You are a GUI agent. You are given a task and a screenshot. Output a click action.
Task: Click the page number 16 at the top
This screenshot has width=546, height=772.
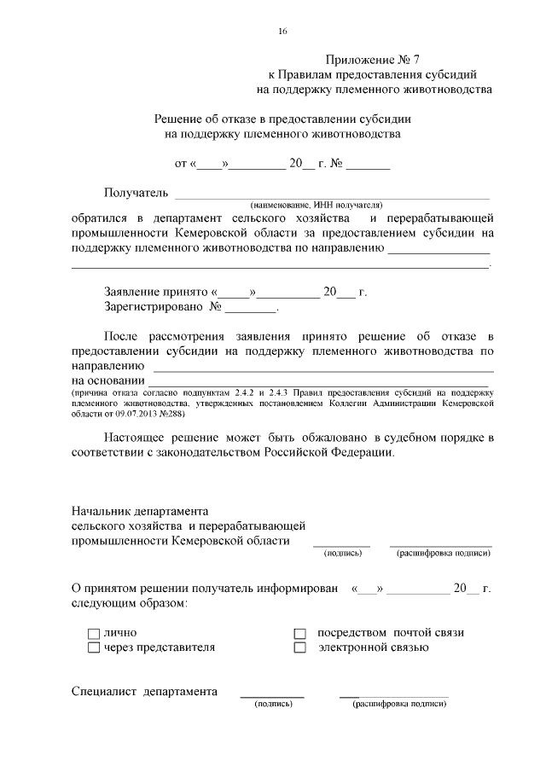[282, 32]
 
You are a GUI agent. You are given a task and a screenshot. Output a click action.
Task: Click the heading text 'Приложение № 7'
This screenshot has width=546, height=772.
[373, 60]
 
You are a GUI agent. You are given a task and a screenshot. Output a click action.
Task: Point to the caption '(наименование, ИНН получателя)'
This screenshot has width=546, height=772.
[316, 206]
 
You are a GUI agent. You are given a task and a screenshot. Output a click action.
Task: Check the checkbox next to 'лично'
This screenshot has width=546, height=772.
[94, 634]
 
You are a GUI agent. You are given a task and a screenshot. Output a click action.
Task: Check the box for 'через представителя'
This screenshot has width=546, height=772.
[94, 648]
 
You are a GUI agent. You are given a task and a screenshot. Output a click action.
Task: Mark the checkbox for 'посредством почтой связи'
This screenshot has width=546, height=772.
[299, 634]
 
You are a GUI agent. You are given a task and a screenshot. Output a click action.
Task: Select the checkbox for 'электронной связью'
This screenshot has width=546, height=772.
[299, 648]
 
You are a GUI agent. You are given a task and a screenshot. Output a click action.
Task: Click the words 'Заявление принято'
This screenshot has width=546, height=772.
[150, 292]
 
